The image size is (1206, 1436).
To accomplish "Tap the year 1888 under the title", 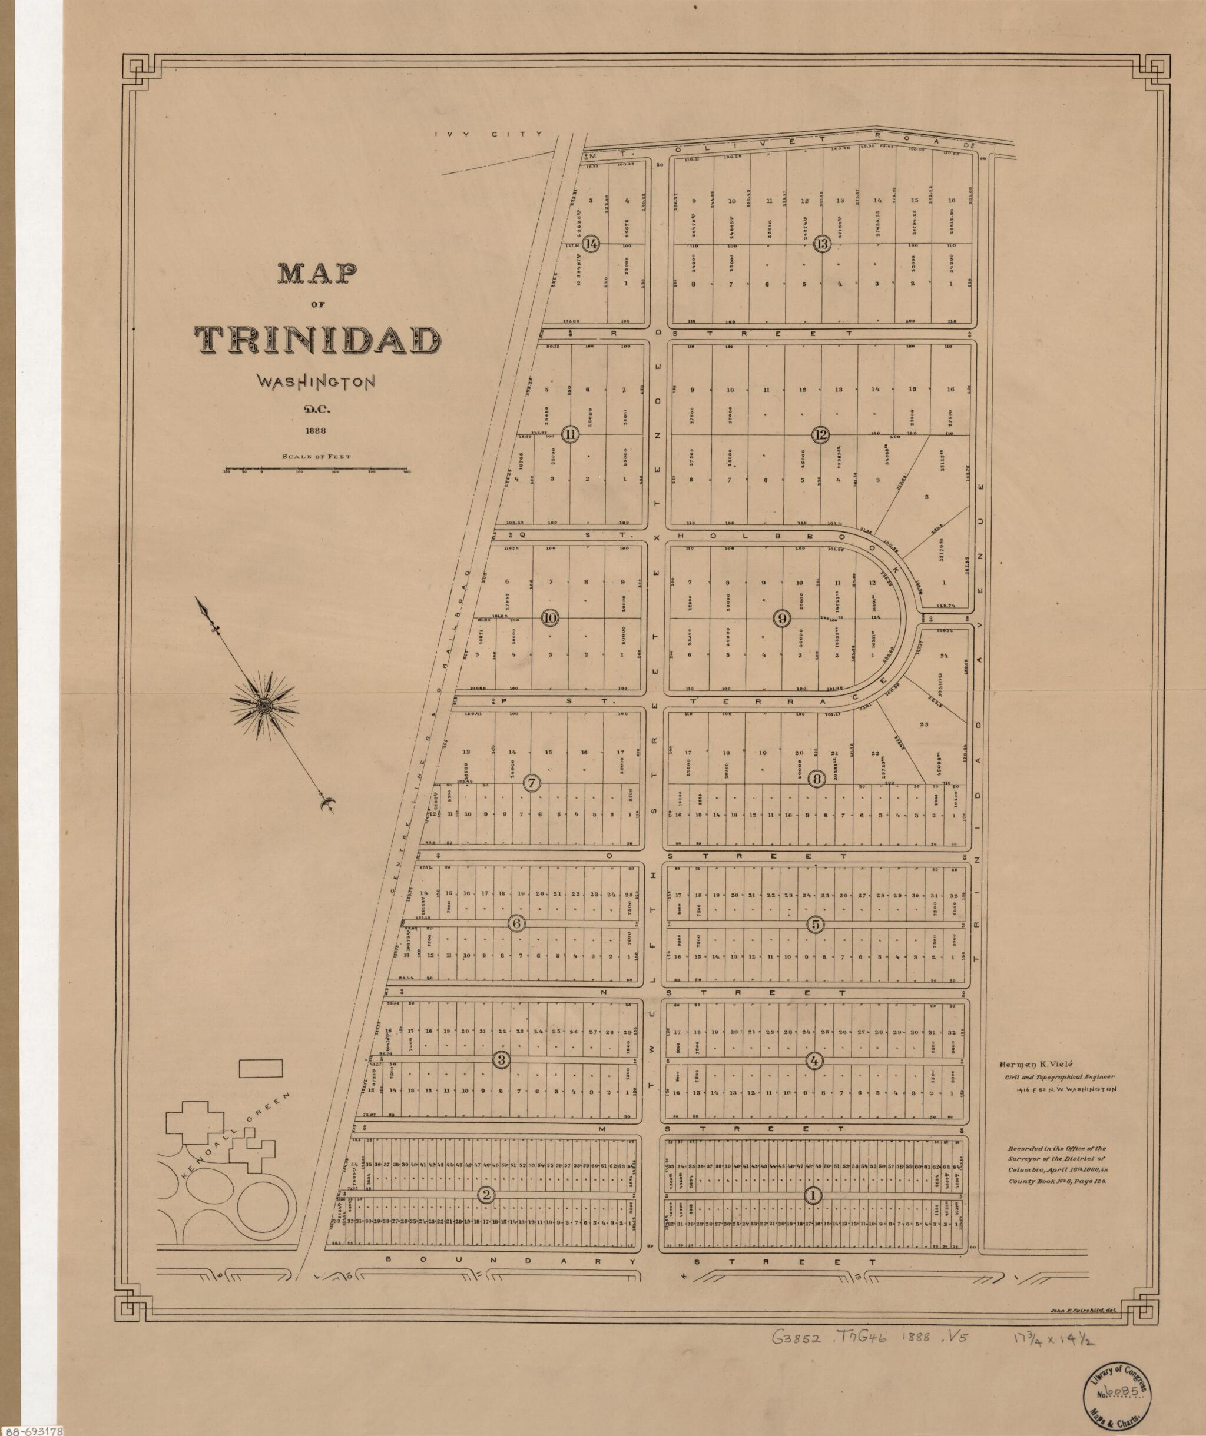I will tap(316, 431).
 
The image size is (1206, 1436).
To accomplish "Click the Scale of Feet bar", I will tap(316, 469).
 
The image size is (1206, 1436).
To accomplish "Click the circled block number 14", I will tap(591, 244).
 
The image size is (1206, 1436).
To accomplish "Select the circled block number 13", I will tap(821, 244).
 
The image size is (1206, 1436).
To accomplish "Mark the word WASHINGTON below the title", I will tap(316, 381).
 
